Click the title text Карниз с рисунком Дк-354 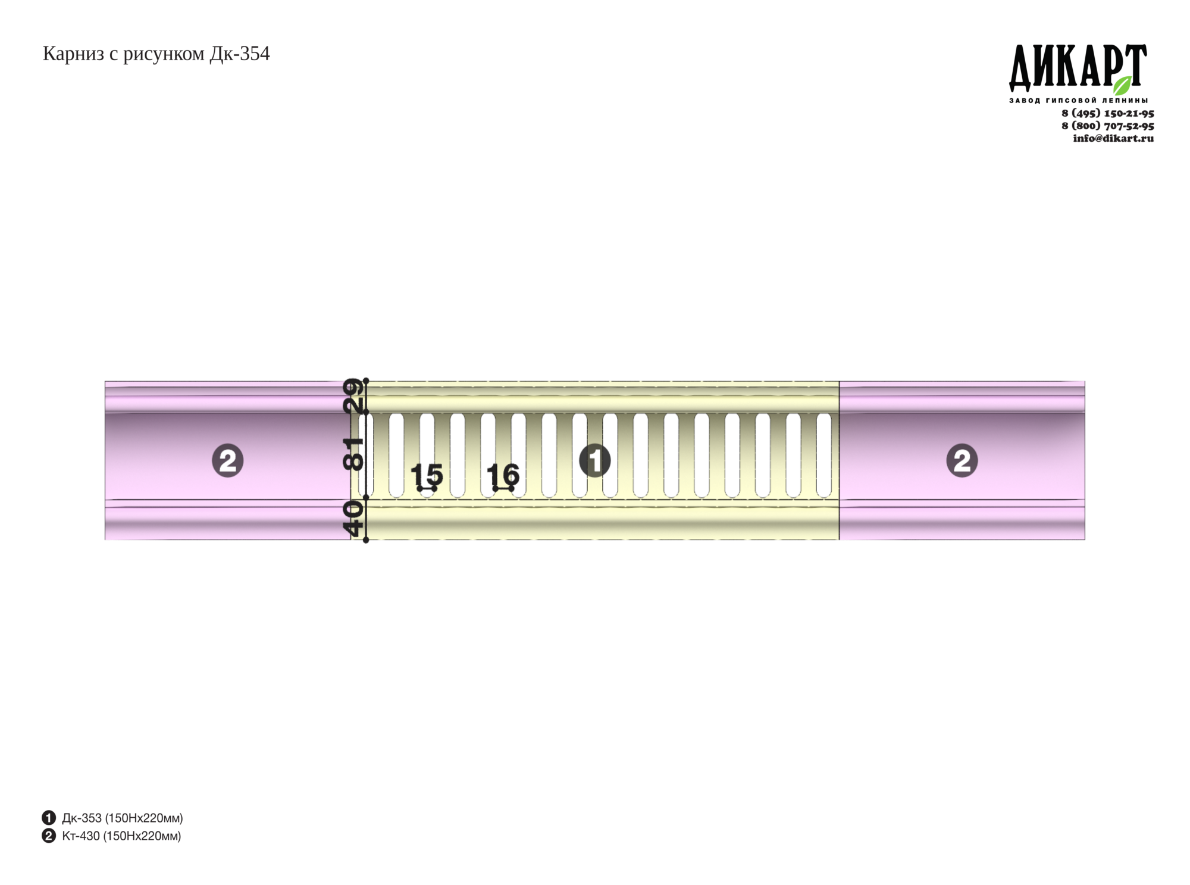[156, 54]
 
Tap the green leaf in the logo [1122, 85]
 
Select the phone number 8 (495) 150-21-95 [1108, 113]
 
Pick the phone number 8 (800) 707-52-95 [1108, 126]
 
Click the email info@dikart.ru [1113, 138]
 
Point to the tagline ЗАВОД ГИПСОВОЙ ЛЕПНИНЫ [1078, 100]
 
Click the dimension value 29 [353, 395]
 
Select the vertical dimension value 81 [353, 454]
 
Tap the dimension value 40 [353, 519]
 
